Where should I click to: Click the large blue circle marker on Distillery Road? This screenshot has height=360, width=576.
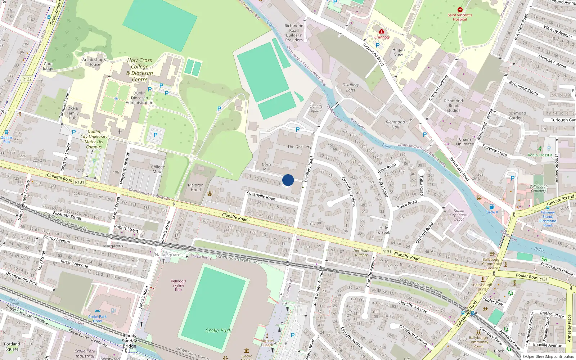288,180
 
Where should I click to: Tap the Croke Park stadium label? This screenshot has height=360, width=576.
218,330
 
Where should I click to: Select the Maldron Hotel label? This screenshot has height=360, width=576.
195,187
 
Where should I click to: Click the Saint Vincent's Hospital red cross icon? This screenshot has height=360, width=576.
460,10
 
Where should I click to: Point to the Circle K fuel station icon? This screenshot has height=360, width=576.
492,207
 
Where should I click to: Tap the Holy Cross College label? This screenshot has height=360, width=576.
140,70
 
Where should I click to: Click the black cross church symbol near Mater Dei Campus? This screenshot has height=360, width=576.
120,132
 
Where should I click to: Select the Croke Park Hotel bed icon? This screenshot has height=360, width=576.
97,311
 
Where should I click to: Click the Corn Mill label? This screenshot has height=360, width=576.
266,167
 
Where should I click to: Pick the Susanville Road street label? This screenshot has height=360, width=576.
261,195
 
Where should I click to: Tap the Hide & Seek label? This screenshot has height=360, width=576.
384,230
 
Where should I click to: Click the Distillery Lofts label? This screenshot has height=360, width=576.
351,87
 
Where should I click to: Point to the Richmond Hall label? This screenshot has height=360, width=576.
395,125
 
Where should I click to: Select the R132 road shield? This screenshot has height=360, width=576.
27,79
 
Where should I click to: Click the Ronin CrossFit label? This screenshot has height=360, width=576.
540,155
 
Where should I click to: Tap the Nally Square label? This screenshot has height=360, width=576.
167,255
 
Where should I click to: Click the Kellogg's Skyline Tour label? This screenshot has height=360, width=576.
178,285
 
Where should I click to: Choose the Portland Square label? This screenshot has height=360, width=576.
12,346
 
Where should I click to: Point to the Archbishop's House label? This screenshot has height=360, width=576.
94,62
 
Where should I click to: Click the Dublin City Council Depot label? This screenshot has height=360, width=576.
459,215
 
